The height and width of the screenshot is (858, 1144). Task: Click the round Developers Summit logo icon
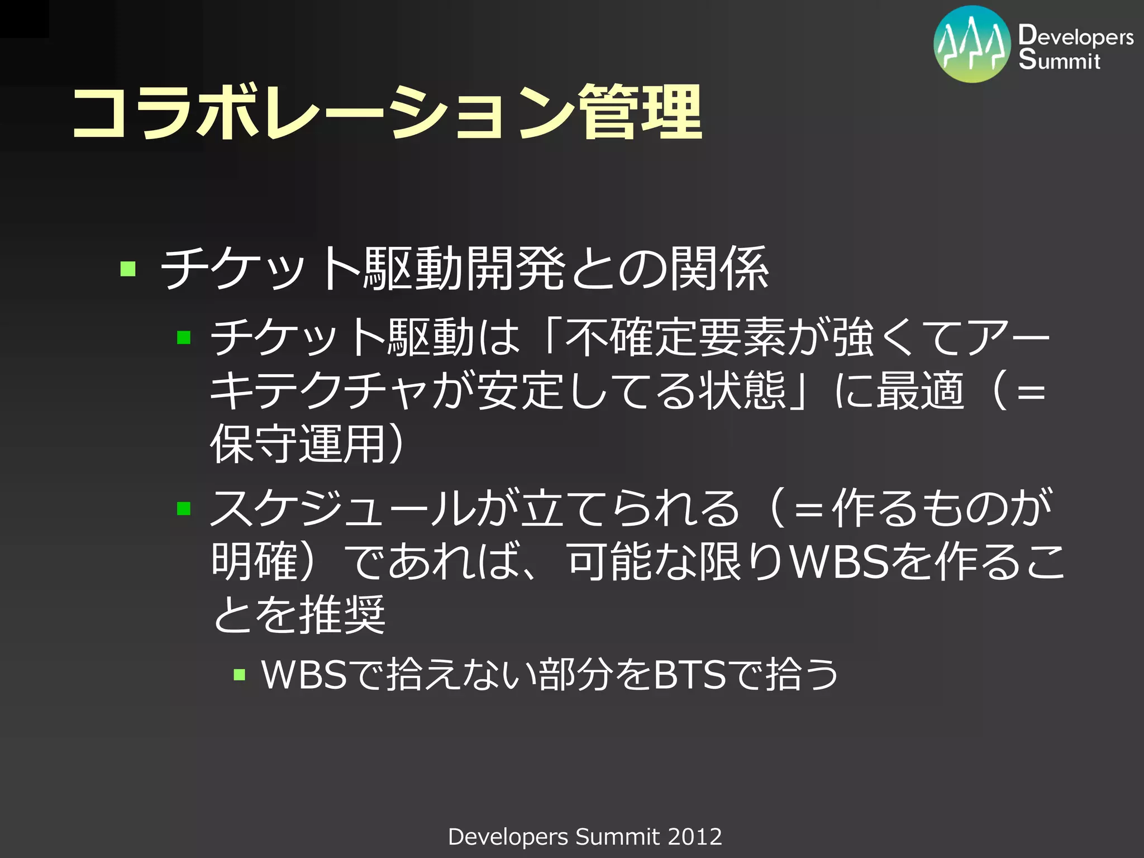pyautogui.click(x=972, y=45)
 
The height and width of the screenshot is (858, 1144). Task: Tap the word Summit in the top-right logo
pyautogui.click(x=1059, y=60)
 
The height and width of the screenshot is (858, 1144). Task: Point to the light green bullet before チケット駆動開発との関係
pyautogui.click(x=128, y=269)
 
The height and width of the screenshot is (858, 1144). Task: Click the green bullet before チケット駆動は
pyautogui.click(x=184, y=337)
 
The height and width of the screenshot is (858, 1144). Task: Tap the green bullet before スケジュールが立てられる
pyautogui.click(x=184, y=508)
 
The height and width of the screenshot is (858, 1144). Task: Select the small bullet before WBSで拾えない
pyautogui.click(x=240, y=675)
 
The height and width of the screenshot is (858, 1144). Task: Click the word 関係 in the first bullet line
pyautogui.click(x=719, y=269)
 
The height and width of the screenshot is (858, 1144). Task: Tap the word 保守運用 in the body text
pyautogui.click(x=299, y=444)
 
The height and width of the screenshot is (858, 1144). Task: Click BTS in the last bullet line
pyautogui.click(x=690, y=675)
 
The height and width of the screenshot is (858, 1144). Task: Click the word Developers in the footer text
pyautogui.click(x=508, y=837)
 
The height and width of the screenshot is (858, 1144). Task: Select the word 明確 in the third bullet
pyautogui.click(x=255, y=561)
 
